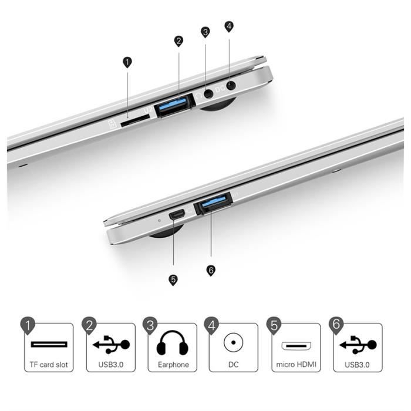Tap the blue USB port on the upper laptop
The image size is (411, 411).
pyautogui.click(x=175, y=105)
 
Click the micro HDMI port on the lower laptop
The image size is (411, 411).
pyautogui.click(x=177, y=215)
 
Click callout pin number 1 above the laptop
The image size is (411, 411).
pyautogui.click(x=127, y=62)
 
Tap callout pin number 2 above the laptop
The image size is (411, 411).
pyautogui.click(x=178, y=41)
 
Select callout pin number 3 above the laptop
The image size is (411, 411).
pyautogui.click(x=205, y=31)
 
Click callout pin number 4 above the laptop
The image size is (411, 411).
pyautogui.click(x=229, y=26)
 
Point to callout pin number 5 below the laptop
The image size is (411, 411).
pyautogui.click(x=173, y=279)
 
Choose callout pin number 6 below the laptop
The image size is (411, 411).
pyautogui.click(x=211, y=269)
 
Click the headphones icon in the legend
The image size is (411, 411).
pyautogui.click(x=173, y=345)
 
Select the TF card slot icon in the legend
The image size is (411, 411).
pyautogui.click(x=49, y=344)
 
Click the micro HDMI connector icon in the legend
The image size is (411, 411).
pyautogui.click(x=297, y=345)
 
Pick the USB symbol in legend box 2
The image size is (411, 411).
pyautogui.click(x=112, y=344)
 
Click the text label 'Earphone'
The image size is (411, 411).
pyautogui.click(x=173, y=365)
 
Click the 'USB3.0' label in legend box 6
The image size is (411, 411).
pyautogui.click(x=358, y=365)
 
